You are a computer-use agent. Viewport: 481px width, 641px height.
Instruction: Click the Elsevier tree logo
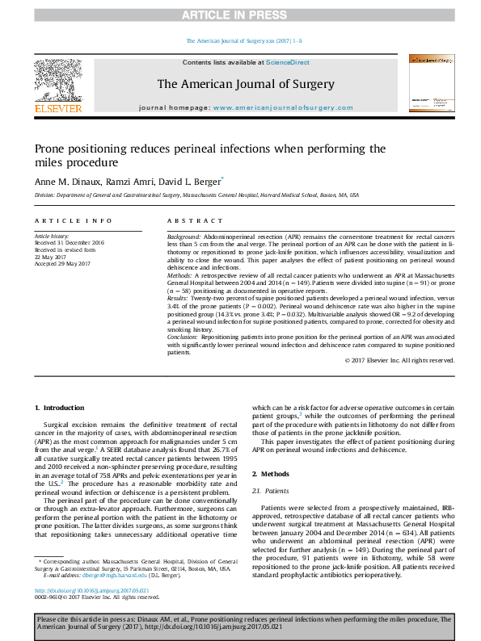point(57,81)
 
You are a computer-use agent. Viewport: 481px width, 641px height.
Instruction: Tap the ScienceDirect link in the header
point(289,62)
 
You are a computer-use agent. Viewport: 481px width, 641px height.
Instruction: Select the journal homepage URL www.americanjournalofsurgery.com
point(282,107)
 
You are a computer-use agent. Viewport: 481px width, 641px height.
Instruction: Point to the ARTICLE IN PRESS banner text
point(240,15)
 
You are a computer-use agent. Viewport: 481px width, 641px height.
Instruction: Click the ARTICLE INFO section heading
point(74,220)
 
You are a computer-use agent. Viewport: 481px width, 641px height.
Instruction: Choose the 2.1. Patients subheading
point(271,490)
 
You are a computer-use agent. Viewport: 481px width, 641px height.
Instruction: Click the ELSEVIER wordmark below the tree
point(57,107)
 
